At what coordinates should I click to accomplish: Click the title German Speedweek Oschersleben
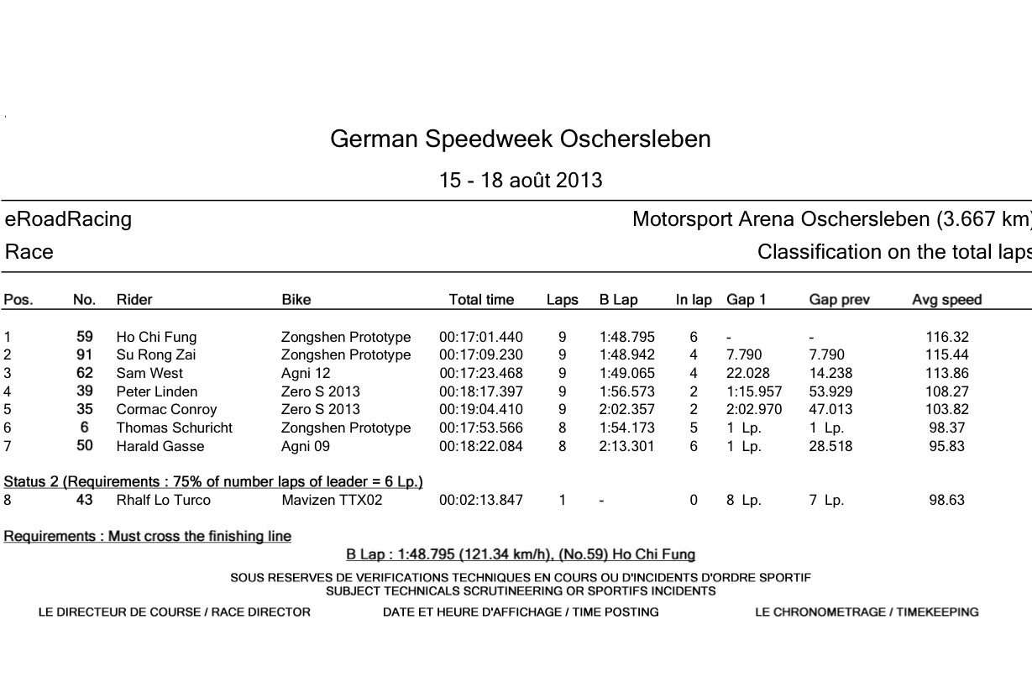520,139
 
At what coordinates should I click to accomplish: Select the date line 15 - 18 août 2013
521,181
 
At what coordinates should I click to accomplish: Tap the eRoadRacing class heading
69,219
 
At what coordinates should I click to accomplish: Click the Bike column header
296,300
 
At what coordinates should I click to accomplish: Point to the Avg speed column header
946,300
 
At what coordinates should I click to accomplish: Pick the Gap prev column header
839,300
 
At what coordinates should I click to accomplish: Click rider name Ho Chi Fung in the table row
156,337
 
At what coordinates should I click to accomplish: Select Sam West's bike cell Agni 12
302,373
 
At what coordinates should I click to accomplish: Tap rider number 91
85,354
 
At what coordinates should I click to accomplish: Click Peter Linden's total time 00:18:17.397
480,391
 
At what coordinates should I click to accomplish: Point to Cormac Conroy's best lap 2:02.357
626,410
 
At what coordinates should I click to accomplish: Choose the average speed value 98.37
948,428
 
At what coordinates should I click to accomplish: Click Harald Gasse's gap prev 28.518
830,446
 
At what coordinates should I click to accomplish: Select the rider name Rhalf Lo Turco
163,500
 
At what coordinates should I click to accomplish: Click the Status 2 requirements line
213,481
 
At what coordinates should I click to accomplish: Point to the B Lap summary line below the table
521,554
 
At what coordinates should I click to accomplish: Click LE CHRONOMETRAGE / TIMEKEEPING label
867,612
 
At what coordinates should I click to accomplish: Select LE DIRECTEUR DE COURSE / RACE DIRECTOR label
175,612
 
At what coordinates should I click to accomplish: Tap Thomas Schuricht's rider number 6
85,428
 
